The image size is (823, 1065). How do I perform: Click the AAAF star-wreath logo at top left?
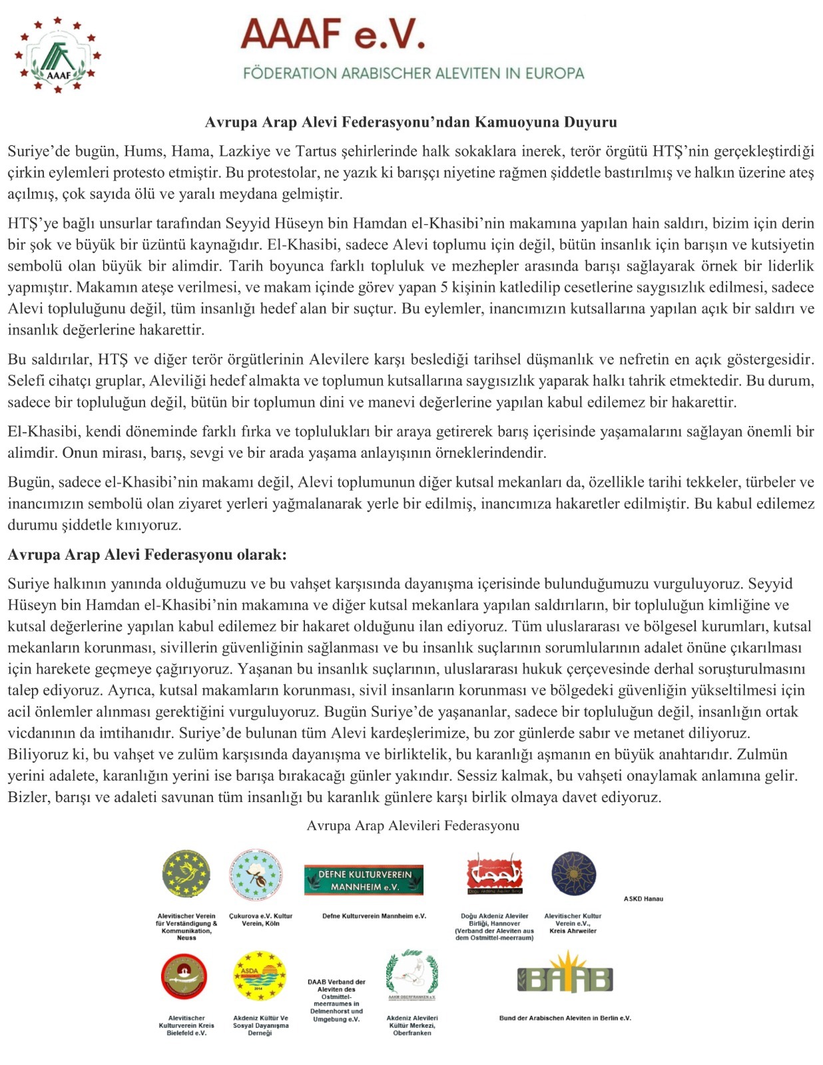tap(58, 55)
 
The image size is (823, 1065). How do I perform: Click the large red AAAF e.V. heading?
tap(332, 35)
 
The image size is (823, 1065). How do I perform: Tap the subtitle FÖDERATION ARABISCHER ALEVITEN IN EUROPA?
tap(413, 73)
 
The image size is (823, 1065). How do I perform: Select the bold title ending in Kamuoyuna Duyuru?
tap(411, 122)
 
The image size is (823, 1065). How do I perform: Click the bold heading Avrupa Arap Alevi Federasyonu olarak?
tap(147, 554)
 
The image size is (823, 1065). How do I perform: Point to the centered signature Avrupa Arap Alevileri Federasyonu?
tap(413, 825)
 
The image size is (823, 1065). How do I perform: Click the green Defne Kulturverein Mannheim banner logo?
tap(364, 880)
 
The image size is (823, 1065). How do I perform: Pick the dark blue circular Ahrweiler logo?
tap(573, 874)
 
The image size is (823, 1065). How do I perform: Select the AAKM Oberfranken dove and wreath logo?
tap(411, 974)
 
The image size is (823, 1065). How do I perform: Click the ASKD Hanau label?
tap(643, 899)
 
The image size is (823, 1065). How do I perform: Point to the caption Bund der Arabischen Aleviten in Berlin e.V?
tap(565, 1018)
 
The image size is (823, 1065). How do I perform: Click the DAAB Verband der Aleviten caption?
tap(336, 1000)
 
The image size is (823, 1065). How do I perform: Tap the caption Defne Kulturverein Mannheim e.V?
tap(374, 916)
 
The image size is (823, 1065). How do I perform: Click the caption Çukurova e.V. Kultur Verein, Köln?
tap(260, 919)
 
